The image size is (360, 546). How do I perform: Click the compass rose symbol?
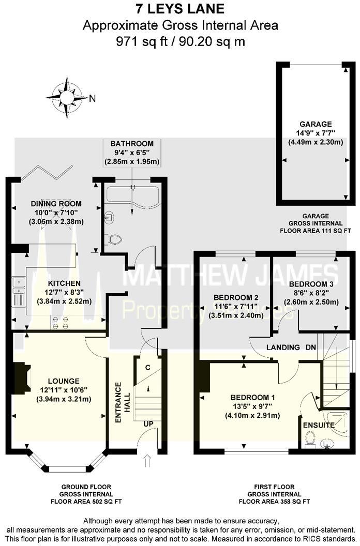66,97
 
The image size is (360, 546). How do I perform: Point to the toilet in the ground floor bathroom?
116,239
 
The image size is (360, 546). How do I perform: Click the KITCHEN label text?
64,283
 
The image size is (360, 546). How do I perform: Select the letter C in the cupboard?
147,368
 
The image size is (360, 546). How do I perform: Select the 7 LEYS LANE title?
179,9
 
